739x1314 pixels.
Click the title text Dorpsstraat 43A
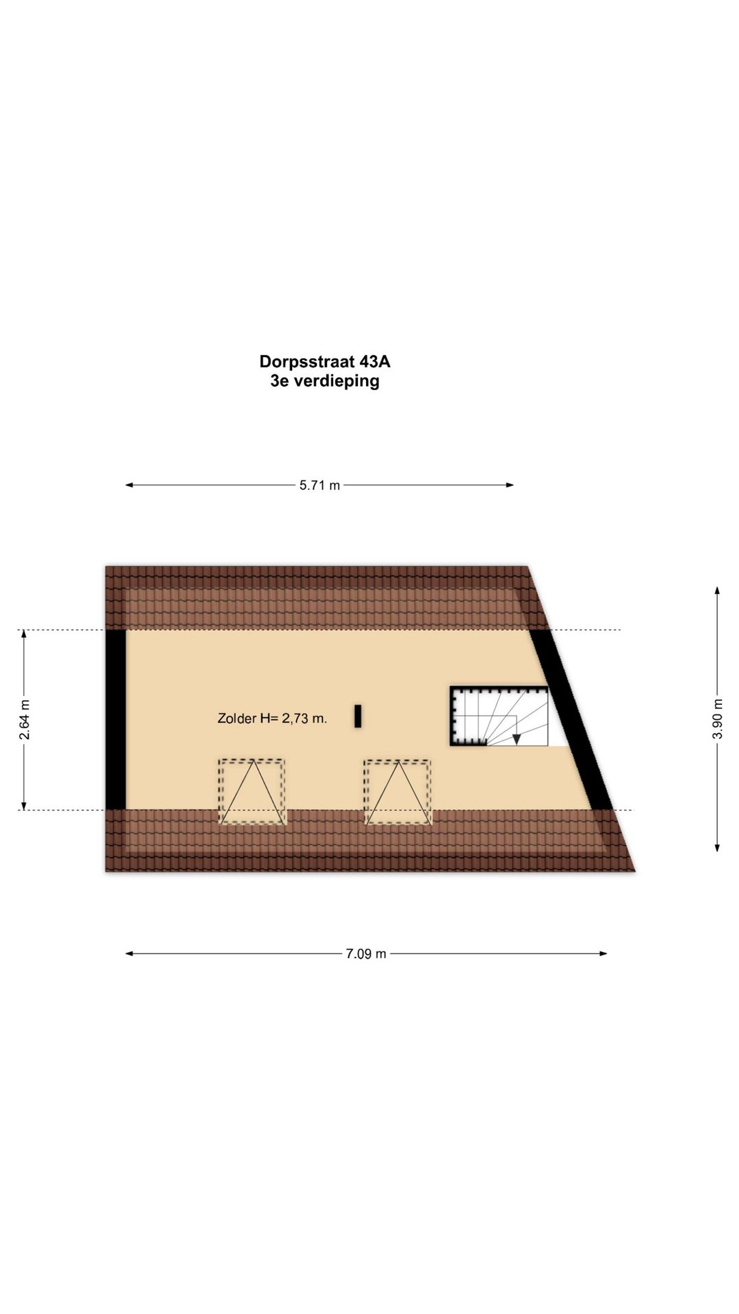tap(325, 361)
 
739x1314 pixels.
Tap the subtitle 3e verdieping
tap(325, 381)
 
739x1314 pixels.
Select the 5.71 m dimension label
tap(320, 485)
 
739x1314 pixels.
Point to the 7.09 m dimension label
tap(366, 953)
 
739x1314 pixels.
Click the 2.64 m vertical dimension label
tap(25, 719)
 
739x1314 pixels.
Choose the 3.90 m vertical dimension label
tap(717, 719)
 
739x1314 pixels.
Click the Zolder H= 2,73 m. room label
tap(272, 719)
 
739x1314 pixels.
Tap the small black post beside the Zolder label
tap(358, 717)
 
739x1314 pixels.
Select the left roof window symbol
tap(252, 791)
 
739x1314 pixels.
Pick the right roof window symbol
tap(398, 791)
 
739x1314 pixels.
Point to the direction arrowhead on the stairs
tap(517, 739)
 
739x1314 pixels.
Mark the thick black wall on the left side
tap(116, 719)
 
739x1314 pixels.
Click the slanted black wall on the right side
tap(571, 719)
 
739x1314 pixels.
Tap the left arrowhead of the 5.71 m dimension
tap(129, 485)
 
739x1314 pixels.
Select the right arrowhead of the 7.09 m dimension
tap(603, 953)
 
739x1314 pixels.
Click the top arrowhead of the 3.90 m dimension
tap(717, 591)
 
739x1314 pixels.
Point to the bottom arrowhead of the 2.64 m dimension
tap(25, 806)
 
